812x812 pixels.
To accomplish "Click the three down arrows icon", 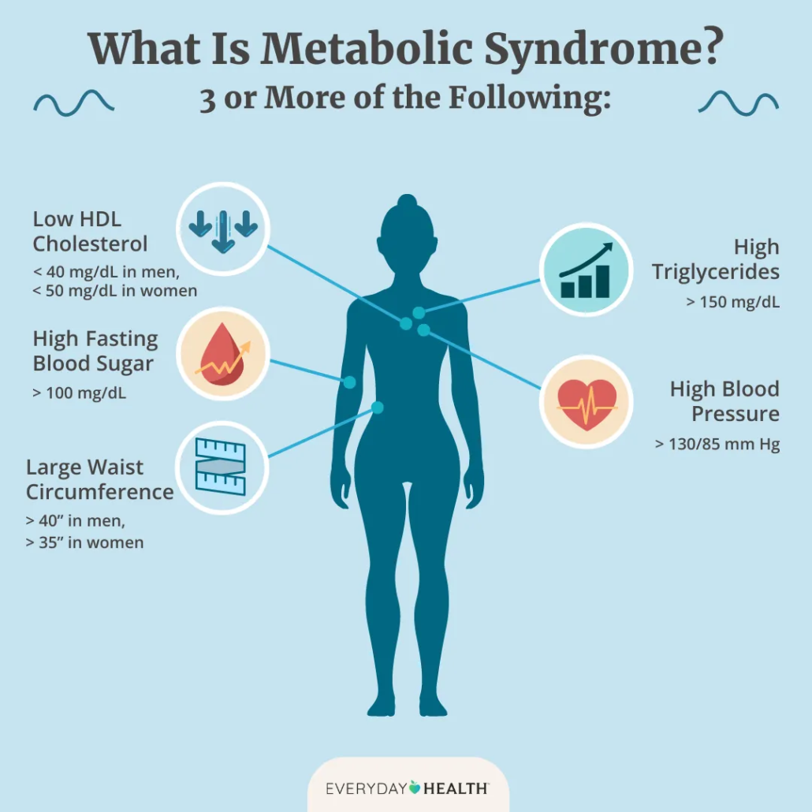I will click(x=223, y=229).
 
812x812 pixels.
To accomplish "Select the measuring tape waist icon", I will click(x=222, y=467).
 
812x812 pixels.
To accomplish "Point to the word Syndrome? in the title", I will click(x=603, y=49).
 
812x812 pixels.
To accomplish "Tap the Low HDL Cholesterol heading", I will click(x=90, y=230).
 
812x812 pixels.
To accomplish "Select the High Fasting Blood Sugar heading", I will click(x=95, y=352).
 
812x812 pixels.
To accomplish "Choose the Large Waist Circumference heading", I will click(x=99, y=479).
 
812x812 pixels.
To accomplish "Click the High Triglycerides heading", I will click(x=716, y=259).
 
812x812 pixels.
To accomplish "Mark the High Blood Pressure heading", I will click(x=724, y=401).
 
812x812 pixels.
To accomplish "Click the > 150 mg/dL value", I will click(x=733, y=300).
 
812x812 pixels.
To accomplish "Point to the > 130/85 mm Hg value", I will click(x=717, y=445).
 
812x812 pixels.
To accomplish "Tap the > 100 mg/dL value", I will click(x=79, y=392).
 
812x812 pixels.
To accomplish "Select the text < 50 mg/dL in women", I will click(x=114, y=292).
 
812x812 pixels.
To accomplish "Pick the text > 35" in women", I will click(x=84, y=542).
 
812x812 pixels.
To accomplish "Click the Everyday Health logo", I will click(x=407, y=788).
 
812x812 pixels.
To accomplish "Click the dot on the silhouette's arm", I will click(x=349, y=382).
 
